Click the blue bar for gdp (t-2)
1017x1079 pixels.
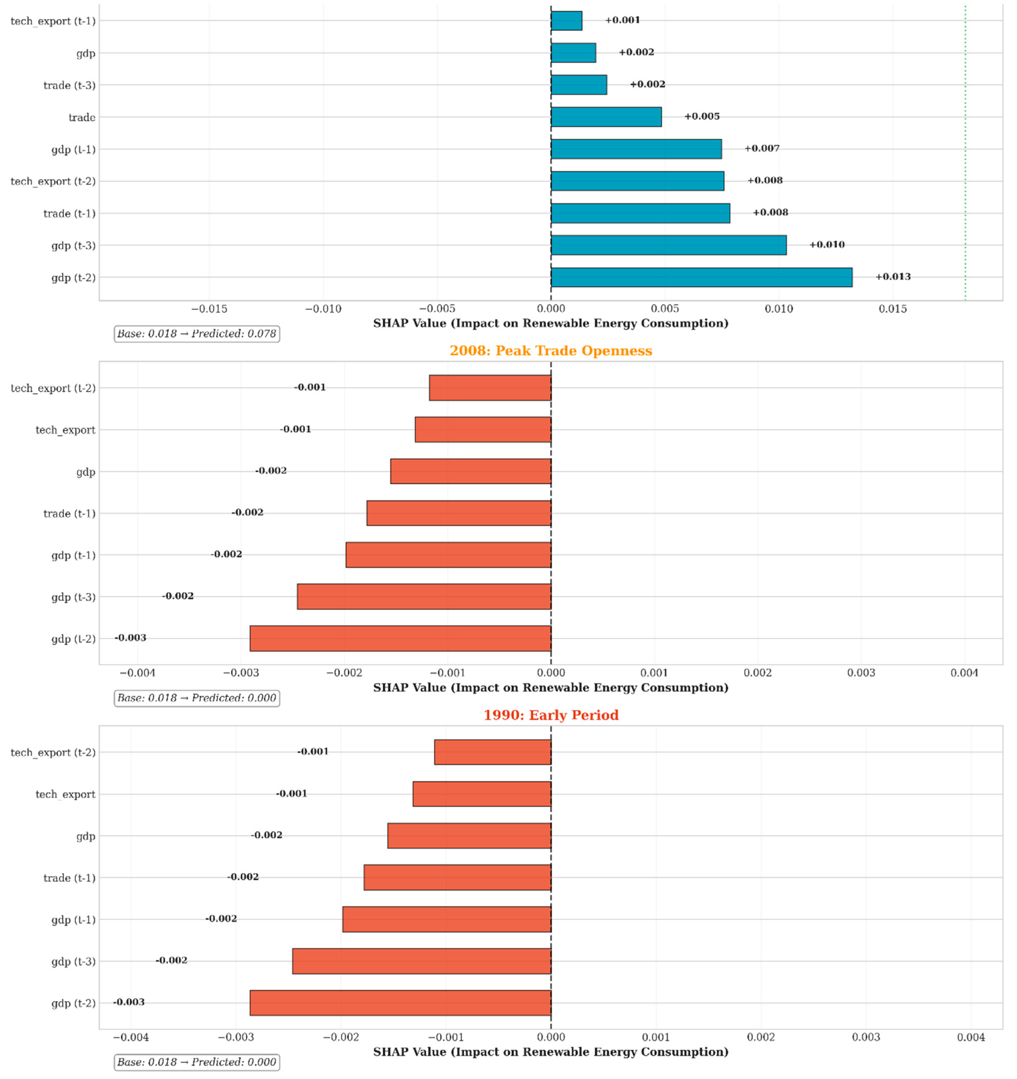(701, 277)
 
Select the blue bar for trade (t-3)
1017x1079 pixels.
(579, 85)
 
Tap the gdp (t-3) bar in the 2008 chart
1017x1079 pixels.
(424, 597)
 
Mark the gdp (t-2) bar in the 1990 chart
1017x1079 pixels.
(400, 1003)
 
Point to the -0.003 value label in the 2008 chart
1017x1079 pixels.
(130, 638)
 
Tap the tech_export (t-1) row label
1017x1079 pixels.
(53, 21)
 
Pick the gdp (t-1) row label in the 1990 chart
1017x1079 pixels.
(73, 919)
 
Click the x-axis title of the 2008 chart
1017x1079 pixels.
(551, 688)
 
